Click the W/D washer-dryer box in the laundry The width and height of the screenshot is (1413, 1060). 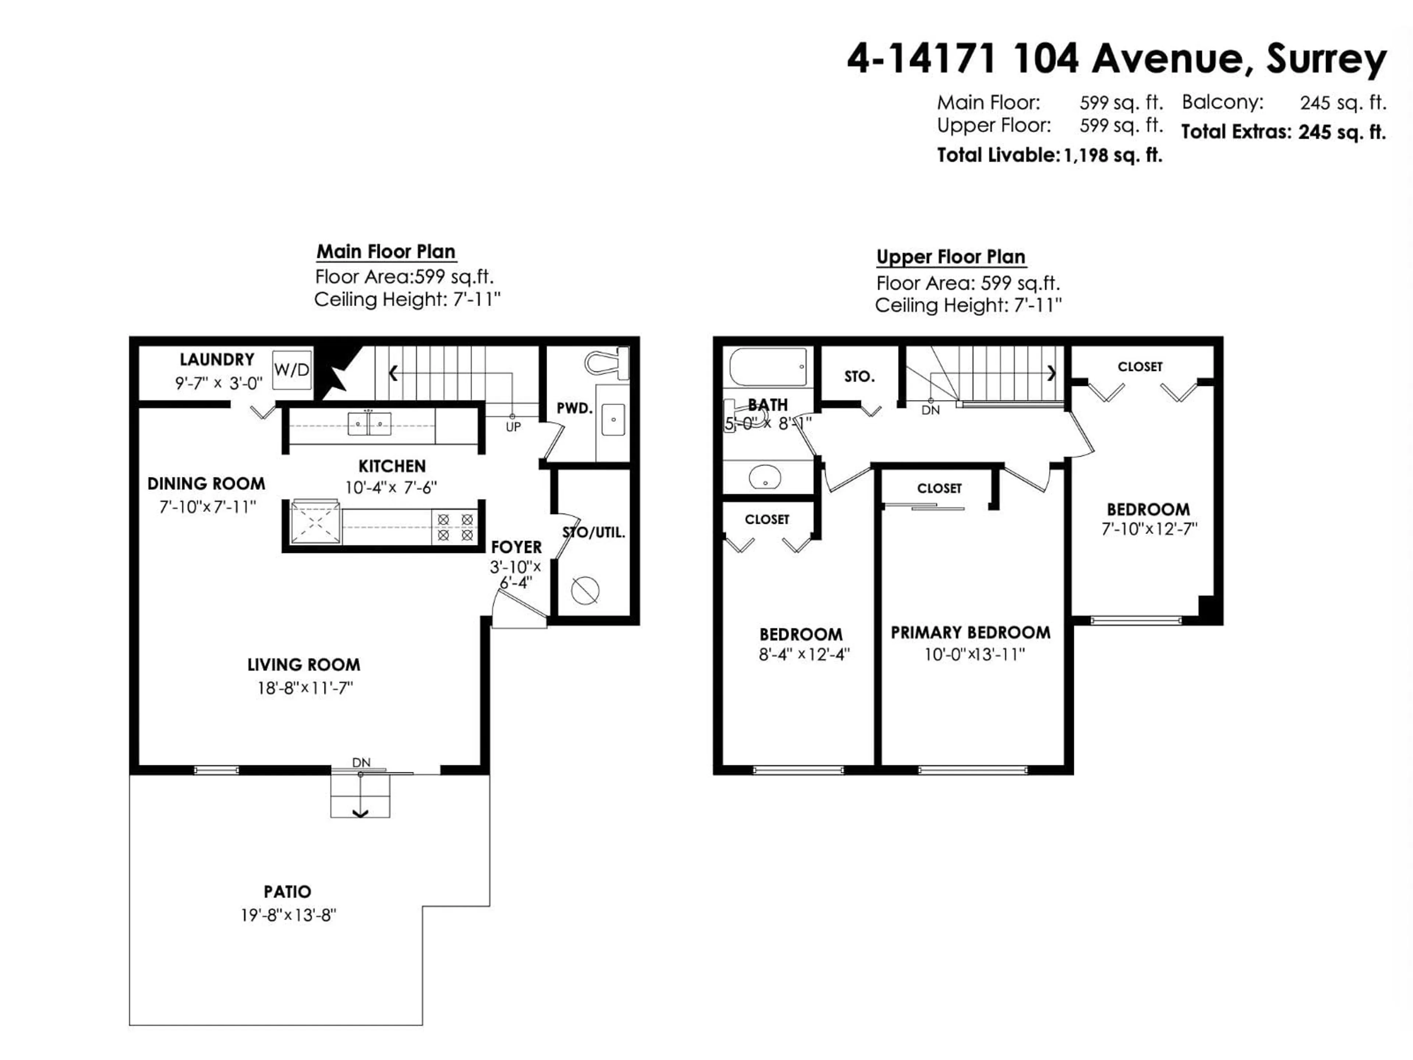(292, 369)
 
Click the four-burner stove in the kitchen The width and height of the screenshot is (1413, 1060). (455, 527)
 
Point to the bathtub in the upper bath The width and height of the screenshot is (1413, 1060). (768, 367)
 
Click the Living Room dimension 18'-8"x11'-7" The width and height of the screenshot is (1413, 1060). (305, 688)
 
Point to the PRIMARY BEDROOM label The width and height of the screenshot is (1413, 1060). (970, 633)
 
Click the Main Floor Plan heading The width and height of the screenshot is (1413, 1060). (386, 252)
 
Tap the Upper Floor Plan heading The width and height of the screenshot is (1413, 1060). (950, 257)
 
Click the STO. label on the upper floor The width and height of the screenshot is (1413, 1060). (859, 377)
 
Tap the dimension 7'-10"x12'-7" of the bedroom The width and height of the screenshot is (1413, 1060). (1148, 529)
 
